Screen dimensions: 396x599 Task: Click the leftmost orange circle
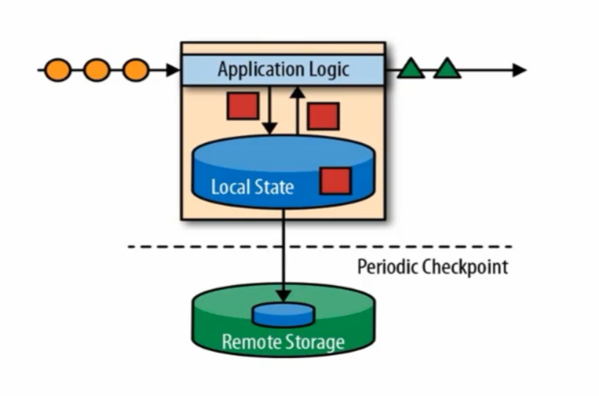[x=58, y=70]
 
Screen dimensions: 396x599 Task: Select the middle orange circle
[x=97, y=70]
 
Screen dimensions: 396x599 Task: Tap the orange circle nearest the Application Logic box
[x=135, y=70]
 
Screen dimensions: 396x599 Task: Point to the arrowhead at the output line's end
[x=519, y=70]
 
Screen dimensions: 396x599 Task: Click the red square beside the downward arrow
[x=242, y=106]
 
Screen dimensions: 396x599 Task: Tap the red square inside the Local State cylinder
[x=336, y=181]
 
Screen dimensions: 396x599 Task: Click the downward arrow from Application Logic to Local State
[x=271, y=109]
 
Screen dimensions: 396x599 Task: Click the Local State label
[x=252, y=187]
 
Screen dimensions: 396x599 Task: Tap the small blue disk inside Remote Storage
[x=283, y=314]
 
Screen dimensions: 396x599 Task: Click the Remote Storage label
[x=283, y=341]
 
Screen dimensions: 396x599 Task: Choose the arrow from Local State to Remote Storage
[x=283, y=255]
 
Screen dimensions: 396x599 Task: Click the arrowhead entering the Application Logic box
[x=173, y=70]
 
